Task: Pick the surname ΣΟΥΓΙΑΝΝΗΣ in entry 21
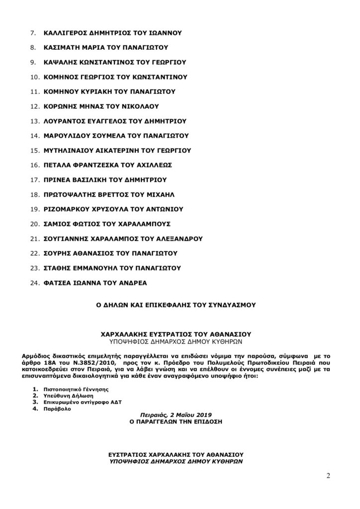pyautogui.click(x=69, y=239)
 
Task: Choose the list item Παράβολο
pyautogui.click(x=56, y=409)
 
